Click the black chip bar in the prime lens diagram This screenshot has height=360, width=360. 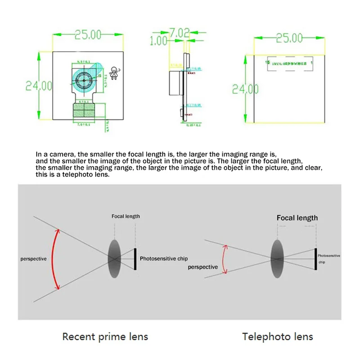click(135, 259)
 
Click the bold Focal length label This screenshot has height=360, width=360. click(297, 218)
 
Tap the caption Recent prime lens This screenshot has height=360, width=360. click(105, 336)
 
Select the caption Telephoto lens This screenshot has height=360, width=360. click(278, 336)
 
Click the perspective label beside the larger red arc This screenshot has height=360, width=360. click(33, 259)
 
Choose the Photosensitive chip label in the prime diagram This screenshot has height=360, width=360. click(164, 259)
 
